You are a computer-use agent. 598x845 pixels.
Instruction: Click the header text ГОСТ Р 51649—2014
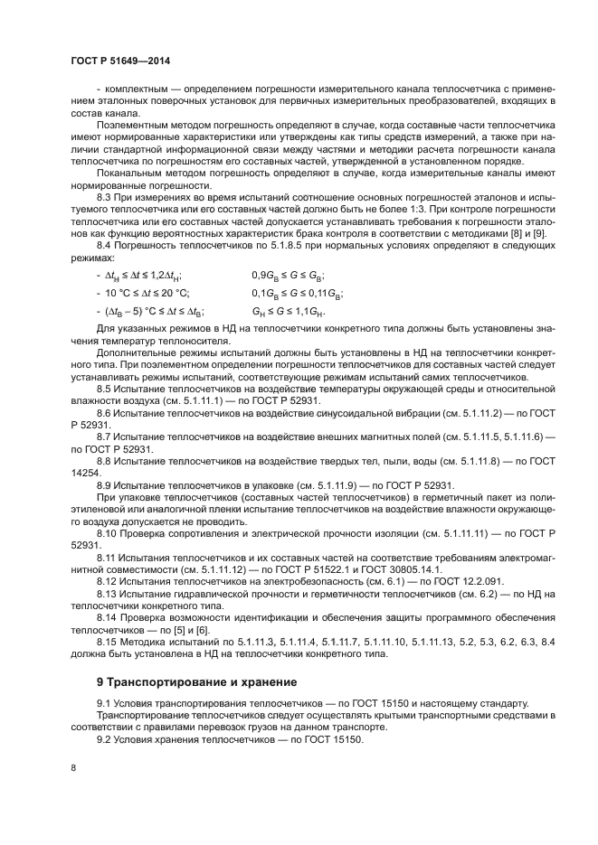coord(120,61)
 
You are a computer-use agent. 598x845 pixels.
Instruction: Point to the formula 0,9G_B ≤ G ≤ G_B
coord(288,276)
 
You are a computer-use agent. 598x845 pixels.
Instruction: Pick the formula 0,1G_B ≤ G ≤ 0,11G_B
coord(297,293)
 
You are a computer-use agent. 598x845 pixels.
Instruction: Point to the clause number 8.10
coord(109,533)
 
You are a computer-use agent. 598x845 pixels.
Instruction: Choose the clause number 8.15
coord(109,642)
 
